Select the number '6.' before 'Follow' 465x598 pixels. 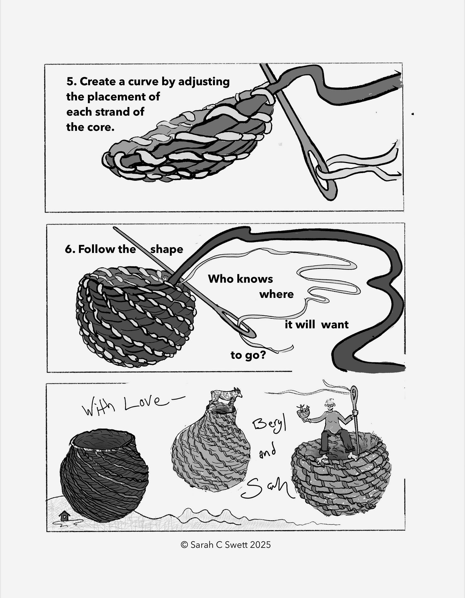tap(70, 249)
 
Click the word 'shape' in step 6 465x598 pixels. tap(167, 250)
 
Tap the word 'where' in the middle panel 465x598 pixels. tap(277, 294)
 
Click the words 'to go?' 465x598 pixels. tap(248, 355)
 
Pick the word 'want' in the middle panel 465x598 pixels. tap(335, 325)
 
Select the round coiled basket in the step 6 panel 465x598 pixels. tap(135, 316)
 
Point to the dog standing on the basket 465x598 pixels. tap(226, 396)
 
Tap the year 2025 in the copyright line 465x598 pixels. tap(260, 544)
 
